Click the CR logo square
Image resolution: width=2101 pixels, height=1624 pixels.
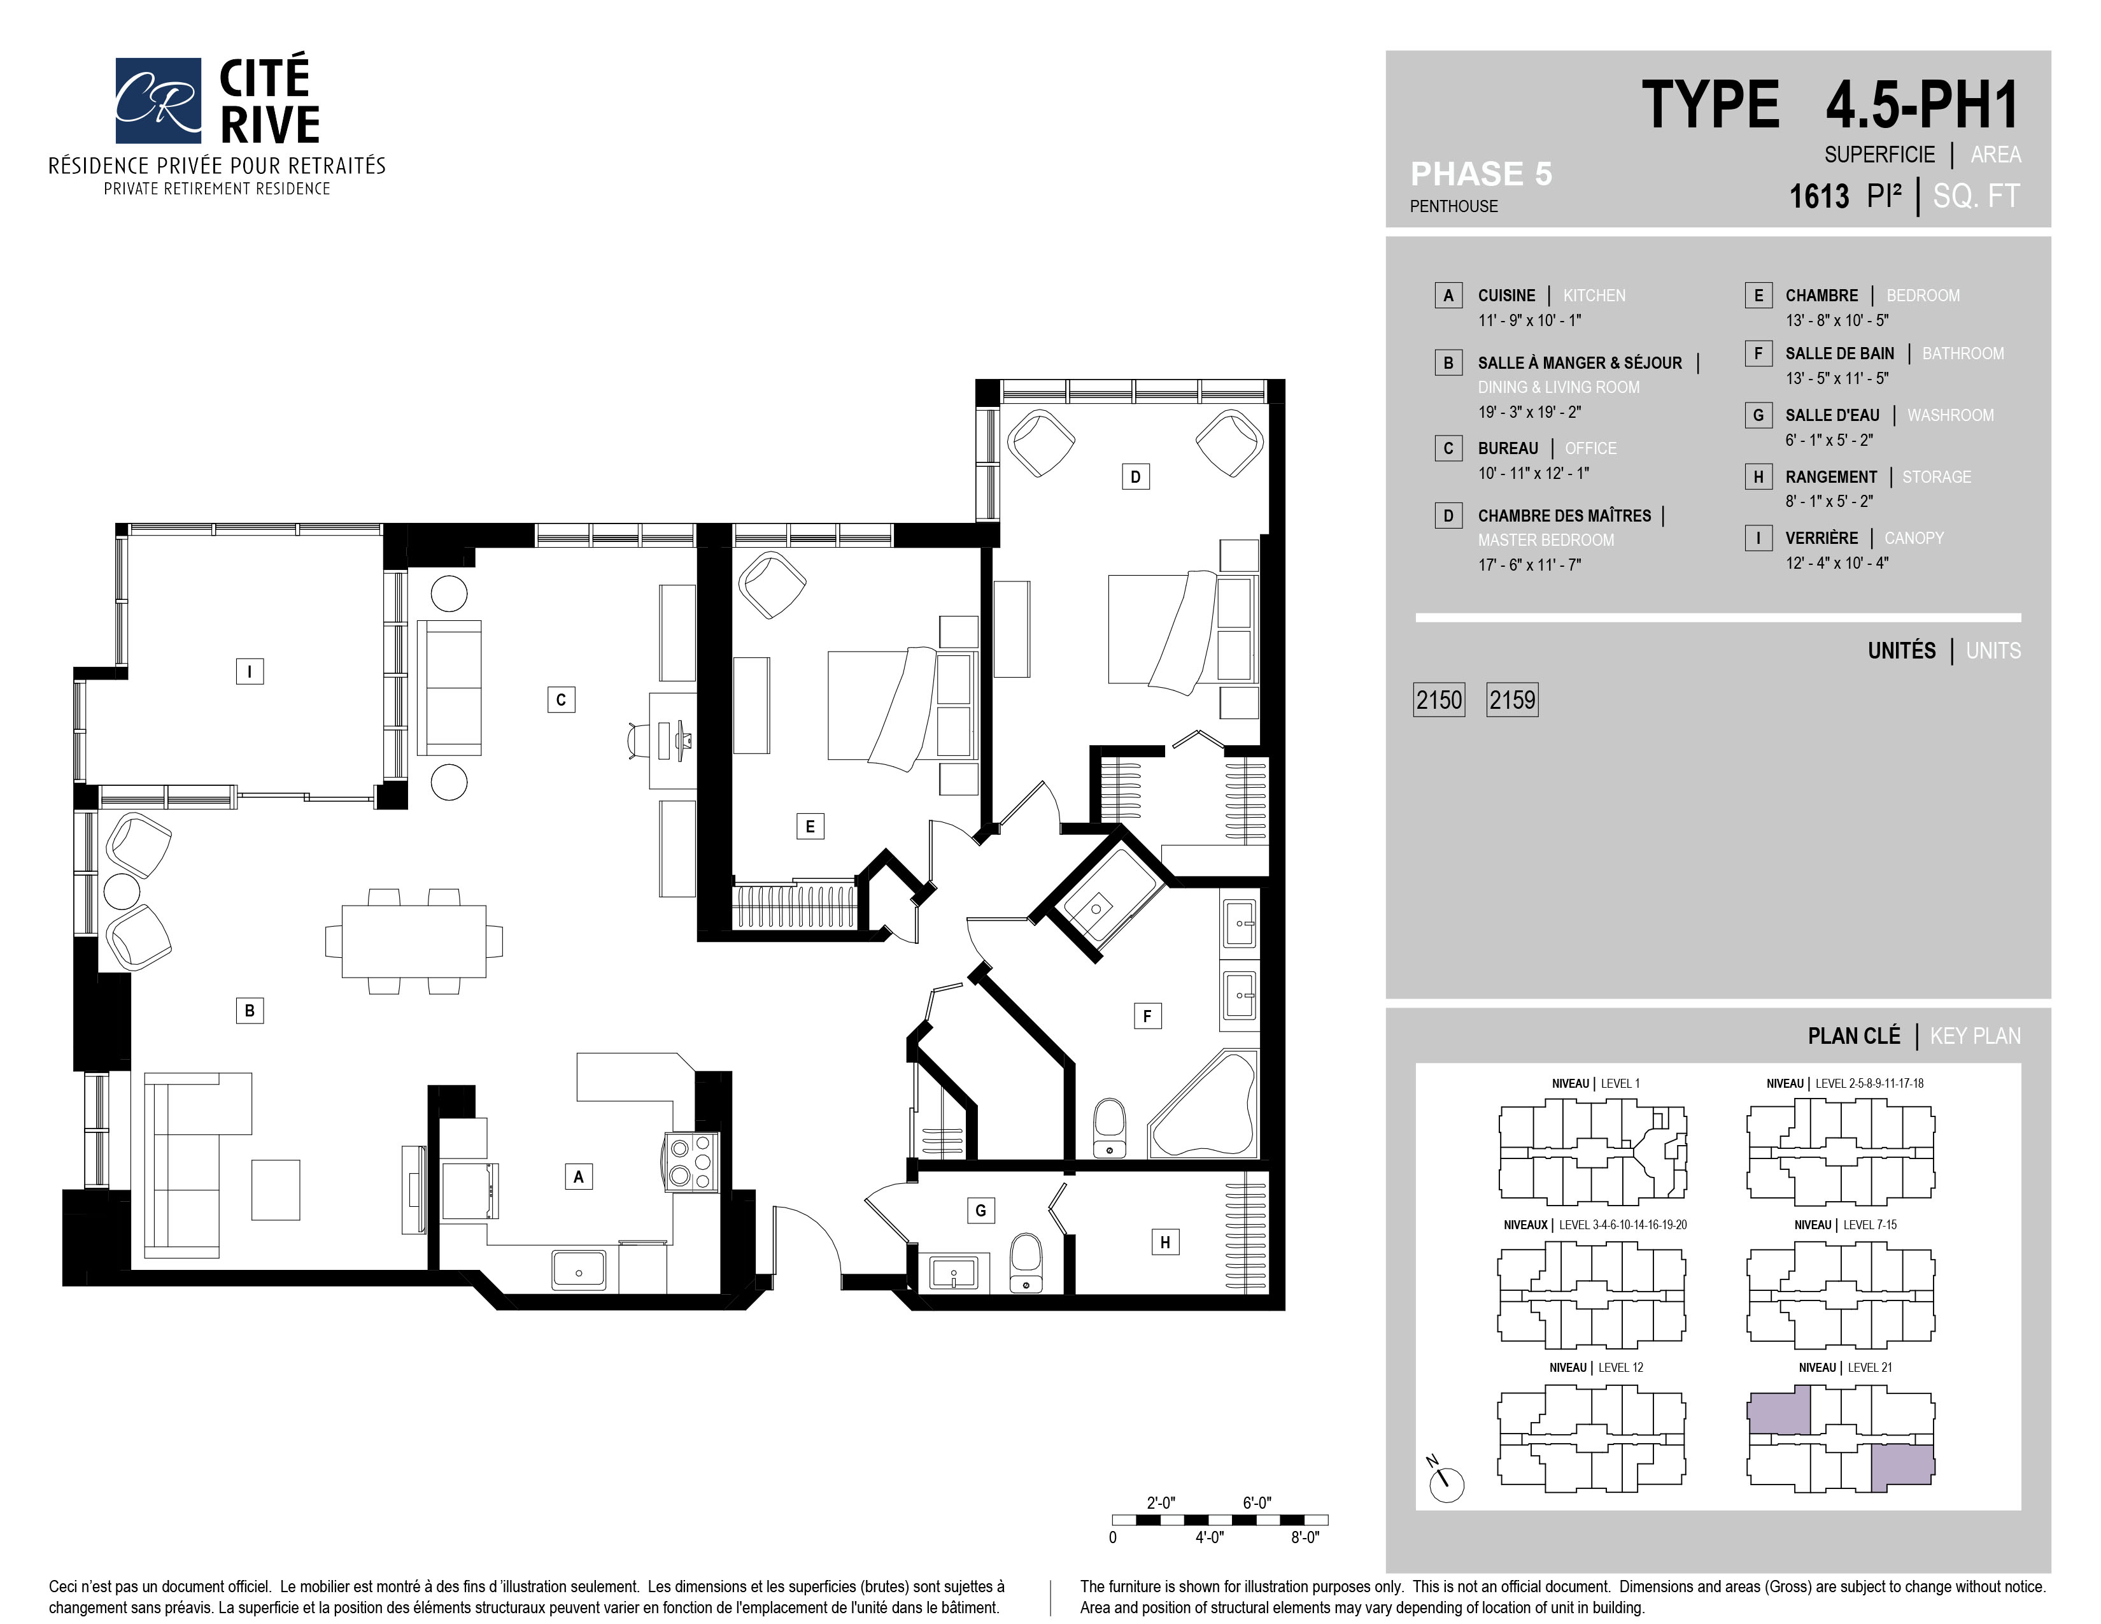159,100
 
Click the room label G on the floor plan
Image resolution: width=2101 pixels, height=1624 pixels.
980,1210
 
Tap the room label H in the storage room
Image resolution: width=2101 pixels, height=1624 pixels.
1165,1242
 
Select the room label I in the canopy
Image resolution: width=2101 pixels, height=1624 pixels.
249,671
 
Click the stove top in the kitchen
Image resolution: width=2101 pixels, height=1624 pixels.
691,1162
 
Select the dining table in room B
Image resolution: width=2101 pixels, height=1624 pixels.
414,941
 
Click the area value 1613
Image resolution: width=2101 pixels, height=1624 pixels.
1819,196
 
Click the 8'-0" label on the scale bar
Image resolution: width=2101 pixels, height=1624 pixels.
1305,1537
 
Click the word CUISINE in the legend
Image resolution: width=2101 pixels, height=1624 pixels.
1506,296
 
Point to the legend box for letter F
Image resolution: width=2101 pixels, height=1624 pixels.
1758,353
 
